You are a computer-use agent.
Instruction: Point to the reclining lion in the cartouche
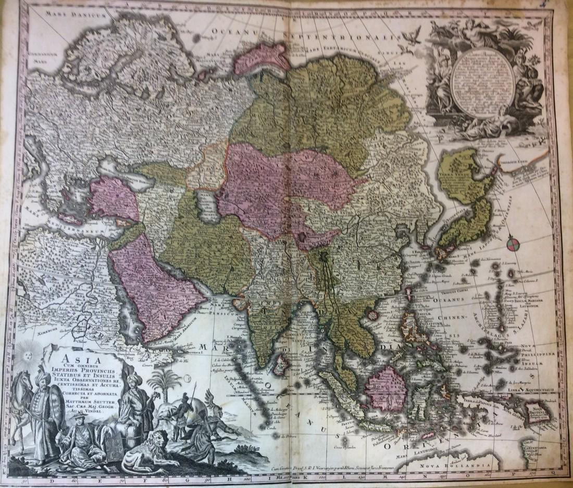tap(148, 448)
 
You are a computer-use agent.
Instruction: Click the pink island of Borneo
tap(387, 388)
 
